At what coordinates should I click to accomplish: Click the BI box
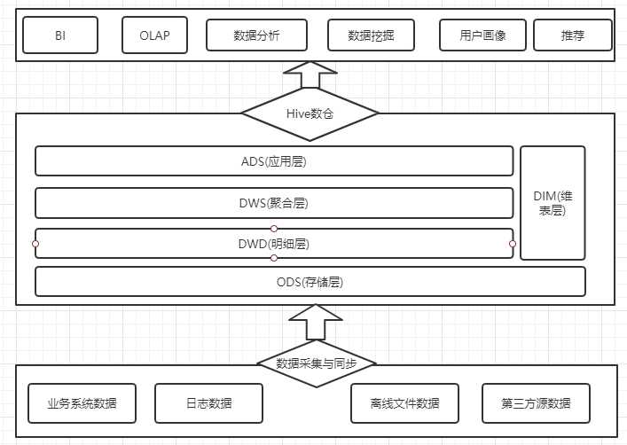pos(60,35)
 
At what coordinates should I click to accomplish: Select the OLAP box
pos(154,35)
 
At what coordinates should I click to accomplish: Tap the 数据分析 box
pos(256,35)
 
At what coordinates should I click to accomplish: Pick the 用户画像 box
pos(482,35)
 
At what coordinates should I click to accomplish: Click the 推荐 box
pos(573,35)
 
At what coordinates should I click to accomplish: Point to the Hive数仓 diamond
pos(310,113)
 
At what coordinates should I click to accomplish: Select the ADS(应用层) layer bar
pos(274,161)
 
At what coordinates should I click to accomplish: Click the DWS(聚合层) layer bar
pos(274,203)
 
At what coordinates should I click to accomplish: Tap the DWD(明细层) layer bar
pos(274,243)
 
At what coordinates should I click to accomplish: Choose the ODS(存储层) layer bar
pos(310,282)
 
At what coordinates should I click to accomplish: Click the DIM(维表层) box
pos(553,203)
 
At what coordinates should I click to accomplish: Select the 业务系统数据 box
pos(82,403)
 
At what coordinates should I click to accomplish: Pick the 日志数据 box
pos(208,403)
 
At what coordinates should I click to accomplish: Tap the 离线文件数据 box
pos(404,403)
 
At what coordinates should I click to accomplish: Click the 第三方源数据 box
pos(536,403)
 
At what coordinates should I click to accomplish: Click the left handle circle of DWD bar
pos(35,243)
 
